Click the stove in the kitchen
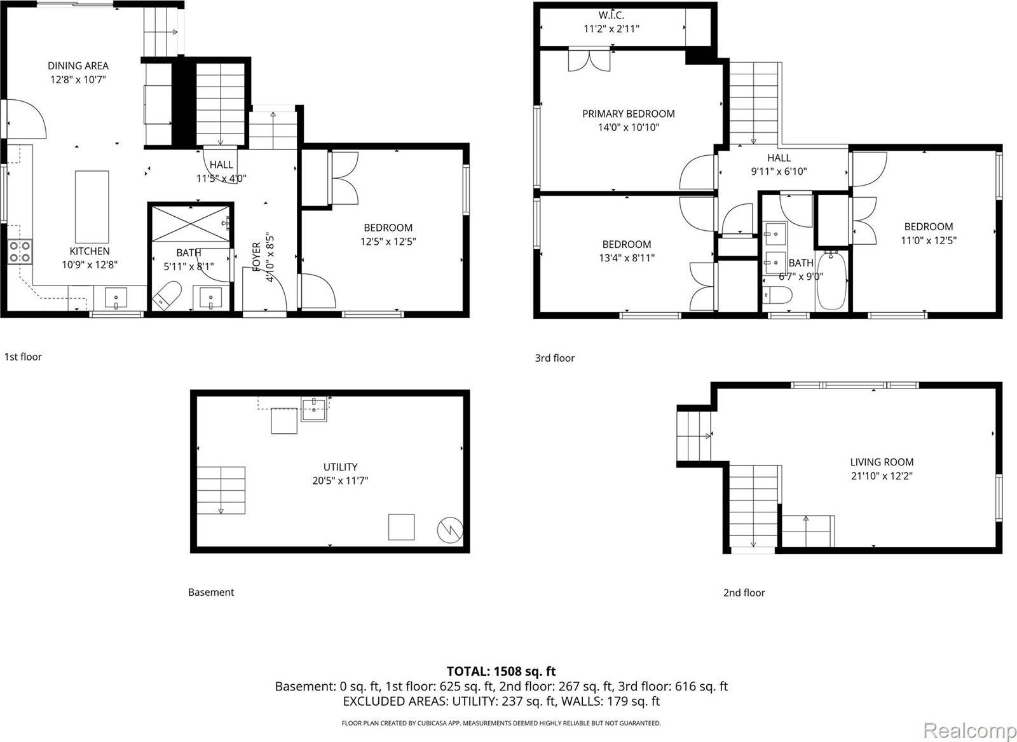(x=20, y=252)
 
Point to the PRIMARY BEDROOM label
(x=628, y=114)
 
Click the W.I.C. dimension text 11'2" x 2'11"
(x=611, y=29)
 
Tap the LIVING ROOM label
(x=882, y=462)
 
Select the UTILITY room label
(x=340, y=467)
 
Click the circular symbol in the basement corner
(x=449, y=530)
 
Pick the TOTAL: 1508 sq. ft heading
(x=501, y=671)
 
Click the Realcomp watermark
(x=969, y=731)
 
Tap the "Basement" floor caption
(x=211, y=592)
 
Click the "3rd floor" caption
(x=554, y=358)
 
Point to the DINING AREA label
(x=78, y=65)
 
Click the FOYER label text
(x=256, y=257)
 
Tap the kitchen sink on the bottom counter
(x=116, y=298)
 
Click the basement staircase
(x=221, y=490)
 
